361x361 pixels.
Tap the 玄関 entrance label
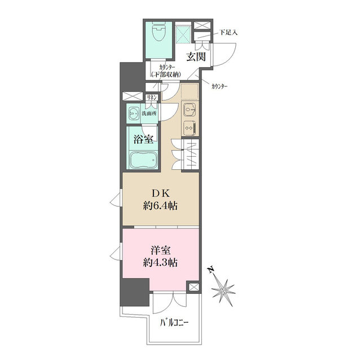pos(196,56)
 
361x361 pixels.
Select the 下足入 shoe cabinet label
pos(228,33)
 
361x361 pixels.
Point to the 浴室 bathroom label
pos(143,139)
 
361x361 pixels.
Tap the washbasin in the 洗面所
pos(134,114)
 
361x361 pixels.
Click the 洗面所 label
pos(149,113)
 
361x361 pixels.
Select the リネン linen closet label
pos(152,98)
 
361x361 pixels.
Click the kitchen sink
pos(190,109)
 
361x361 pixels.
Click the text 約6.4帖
pos(160,205)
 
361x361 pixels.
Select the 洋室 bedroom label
pos(161,250)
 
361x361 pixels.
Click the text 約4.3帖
pos(160,262)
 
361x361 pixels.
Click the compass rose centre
pos(223,291)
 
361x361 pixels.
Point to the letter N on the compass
pos(210,270)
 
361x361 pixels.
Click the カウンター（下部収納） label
pos(166,71)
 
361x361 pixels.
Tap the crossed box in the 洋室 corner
pos(193,287)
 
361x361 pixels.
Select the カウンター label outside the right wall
pos(219,86)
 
